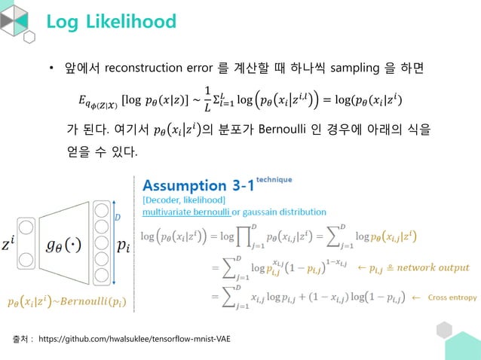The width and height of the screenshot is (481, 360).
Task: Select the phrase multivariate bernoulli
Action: pyautogui.click(x=188, y=212)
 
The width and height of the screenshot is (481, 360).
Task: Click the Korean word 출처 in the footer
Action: pyautogui.click(x=20, y=340)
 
